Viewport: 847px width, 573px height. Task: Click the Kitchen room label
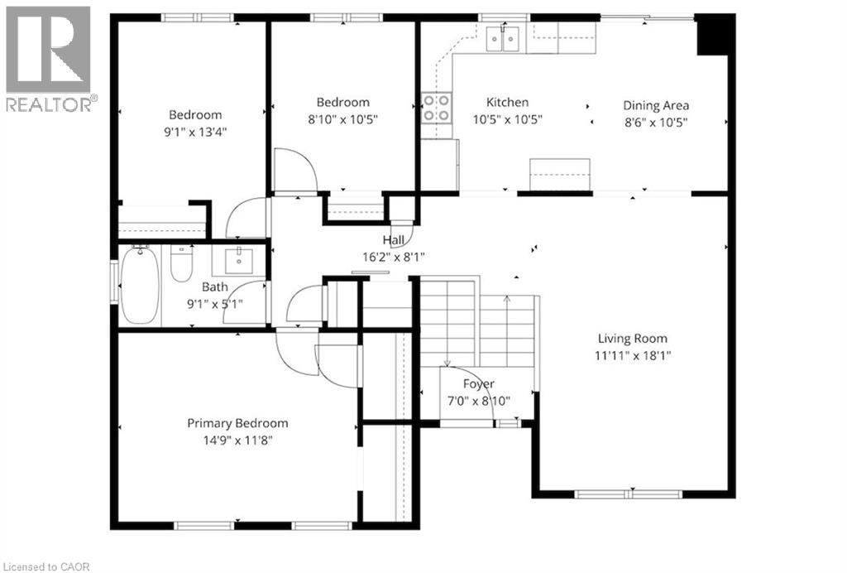507,102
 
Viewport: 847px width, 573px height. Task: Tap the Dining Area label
656,105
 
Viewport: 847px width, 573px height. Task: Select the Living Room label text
633,338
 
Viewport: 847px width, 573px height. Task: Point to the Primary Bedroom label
237,423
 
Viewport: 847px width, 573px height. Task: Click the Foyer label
478,384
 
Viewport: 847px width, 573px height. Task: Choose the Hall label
394,240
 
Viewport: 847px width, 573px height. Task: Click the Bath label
215,286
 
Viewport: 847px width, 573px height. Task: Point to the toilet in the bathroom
180,263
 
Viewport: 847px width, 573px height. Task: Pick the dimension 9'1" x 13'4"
195,130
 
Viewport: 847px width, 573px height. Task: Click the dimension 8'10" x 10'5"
343,118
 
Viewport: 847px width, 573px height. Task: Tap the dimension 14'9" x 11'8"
237,440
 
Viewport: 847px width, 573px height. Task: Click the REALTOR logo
49,58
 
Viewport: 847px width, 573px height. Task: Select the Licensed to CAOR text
45,566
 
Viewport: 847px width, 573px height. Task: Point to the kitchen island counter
560,174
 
